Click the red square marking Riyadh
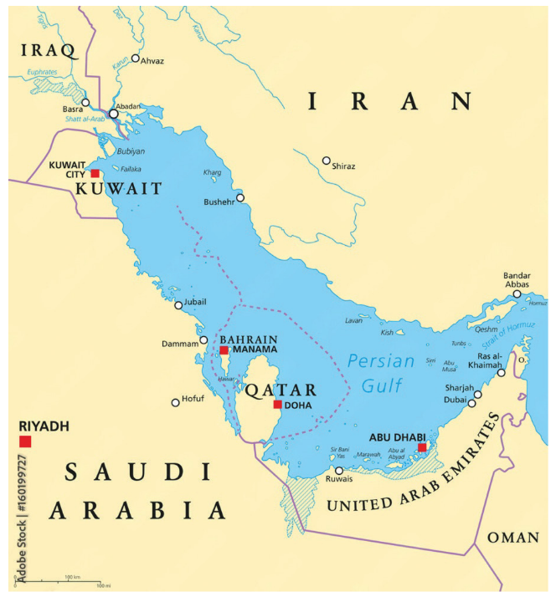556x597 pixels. point(25,441)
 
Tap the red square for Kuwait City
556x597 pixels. point(95,174)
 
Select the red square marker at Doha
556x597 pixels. point(277,405)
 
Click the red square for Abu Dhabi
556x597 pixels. point(422,448)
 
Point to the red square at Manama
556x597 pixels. point(224,350)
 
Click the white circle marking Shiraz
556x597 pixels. point(327,161)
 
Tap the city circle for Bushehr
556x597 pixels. point(240,198)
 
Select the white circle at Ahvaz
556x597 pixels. point(136,59)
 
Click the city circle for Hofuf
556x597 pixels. point(175,402)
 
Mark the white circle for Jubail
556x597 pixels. point(178,305)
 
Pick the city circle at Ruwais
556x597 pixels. point(338,471)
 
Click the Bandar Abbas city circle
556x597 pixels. point(517,294)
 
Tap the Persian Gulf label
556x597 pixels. point(380,373)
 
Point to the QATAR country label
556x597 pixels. point(281,390)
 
